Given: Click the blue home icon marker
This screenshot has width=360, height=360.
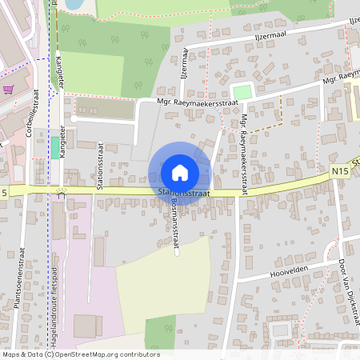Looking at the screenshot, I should pos(180,172).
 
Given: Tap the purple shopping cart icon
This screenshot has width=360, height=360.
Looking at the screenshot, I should pos(9,90).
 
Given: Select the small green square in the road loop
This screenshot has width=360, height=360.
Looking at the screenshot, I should pos(241,92).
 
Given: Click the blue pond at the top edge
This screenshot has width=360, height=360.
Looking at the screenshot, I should pos(74,4).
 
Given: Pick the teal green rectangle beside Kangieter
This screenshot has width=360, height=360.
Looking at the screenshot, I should pos(54,147).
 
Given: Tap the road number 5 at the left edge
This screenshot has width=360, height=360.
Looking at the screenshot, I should pos(4,193).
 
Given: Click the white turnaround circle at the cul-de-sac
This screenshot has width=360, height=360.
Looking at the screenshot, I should pos(73,119).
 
